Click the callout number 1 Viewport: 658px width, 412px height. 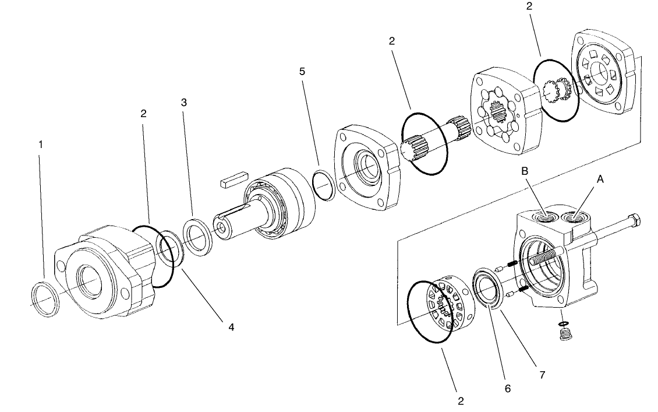[x=40, y=143]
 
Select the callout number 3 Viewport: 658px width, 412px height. [x=184, y=102]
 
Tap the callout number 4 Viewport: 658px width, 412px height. [x=231, y=328]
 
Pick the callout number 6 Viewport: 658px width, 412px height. [x=507, y=388]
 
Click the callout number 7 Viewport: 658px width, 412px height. [x=542, y=375]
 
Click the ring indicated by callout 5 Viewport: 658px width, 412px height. [x=323, y=185]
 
